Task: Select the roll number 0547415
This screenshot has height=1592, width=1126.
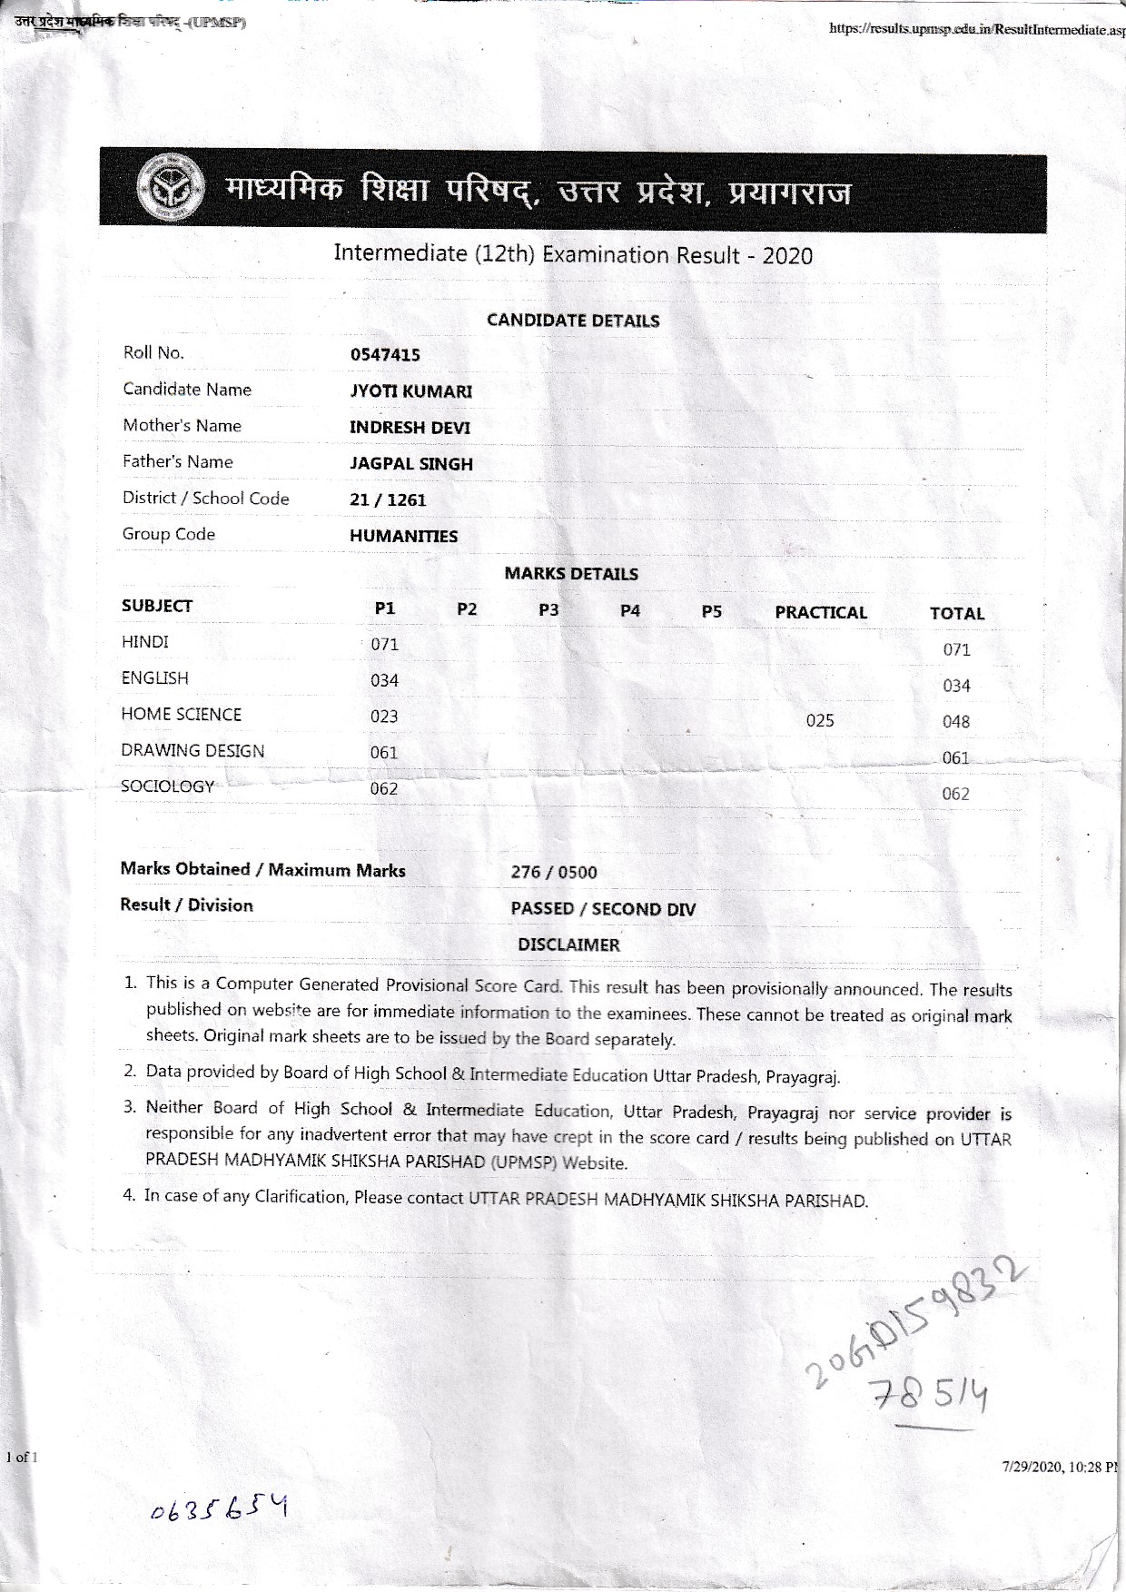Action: (x=385, y=355)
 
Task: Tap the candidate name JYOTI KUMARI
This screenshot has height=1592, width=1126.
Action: (x=410, y=391)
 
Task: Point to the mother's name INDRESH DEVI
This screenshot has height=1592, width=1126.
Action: (x=410, y=428)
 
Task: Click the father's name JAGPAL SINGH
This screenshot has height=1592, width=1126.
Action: (x=411, y=464)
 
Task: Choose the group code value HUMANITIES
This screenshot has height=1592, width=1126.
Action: (x=403, y=537)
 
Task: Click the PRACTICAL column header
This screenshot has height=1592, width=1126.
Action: (x=820, y=613)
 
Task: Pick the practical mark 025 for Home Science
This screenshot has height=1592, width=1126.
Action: (x=820, y=721)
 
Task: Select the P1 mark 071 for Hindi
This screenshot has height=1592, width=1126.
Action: (x=384, y=645)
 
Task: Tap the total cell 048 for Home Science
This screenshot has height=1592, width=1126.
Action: (x=956, y=722)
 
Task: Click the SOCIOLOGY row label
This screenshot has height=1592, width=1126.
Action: (x=168, y=786)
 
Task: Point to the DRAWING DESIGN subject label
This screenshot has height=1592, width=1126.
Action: (x=193, y=751)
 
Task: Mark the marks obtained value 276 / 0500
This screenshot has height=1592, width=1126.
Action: (x=554, y=873)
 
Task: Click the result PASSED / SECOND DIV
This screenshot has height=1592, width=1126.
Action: (x=603, y=909)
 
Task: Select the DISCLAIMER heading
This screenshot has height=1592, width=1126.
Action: (x=568, y=945)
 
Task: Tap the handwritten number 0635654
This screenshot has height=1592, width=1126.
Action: (x=218, y=1508)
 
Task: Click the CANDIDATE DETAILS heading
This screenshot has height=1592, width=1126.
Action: (x=573, y=321)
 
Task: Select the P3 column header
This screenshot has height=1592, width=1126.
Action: (x=548, y=610)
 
